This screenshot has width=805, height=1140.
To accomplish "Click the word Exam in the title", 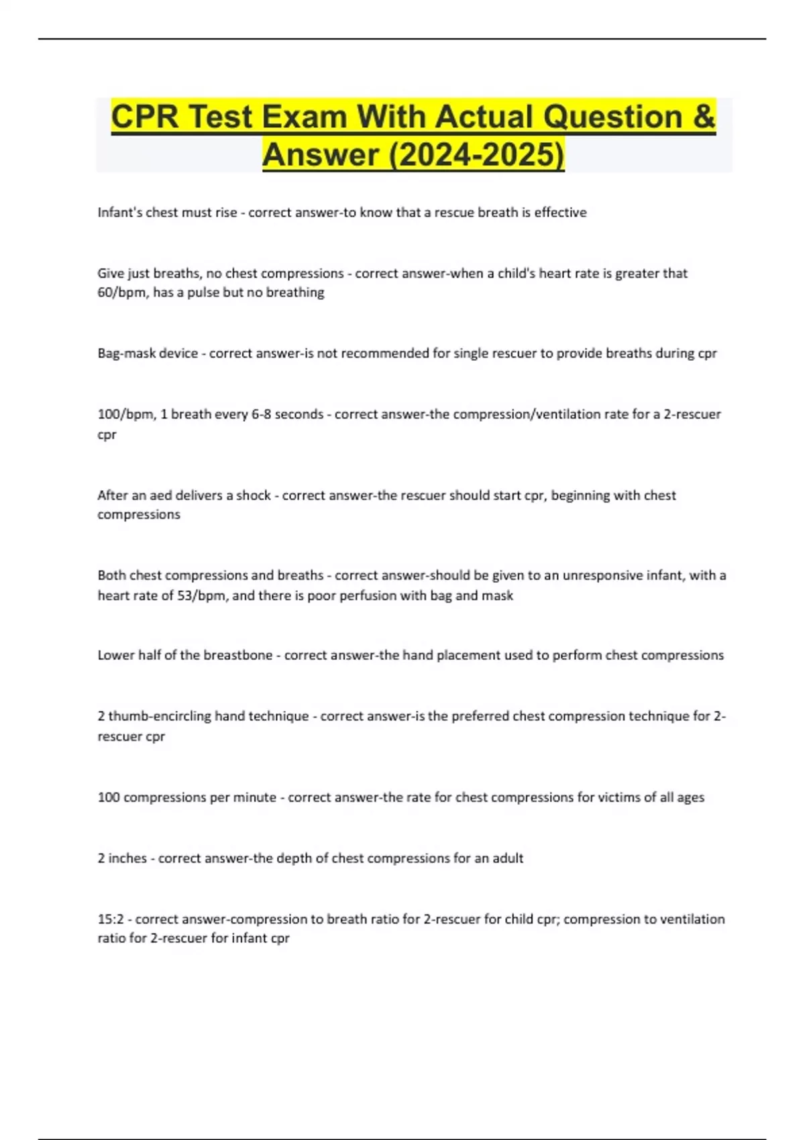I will click(305, 117).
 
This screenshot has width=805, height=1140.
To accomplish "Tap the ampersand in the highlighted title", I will click(702, 117).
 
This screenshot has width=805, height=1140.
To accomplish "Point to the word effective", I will click(560, 213).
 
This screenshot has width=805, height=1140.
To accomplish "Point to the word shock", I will click(254, 496).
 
